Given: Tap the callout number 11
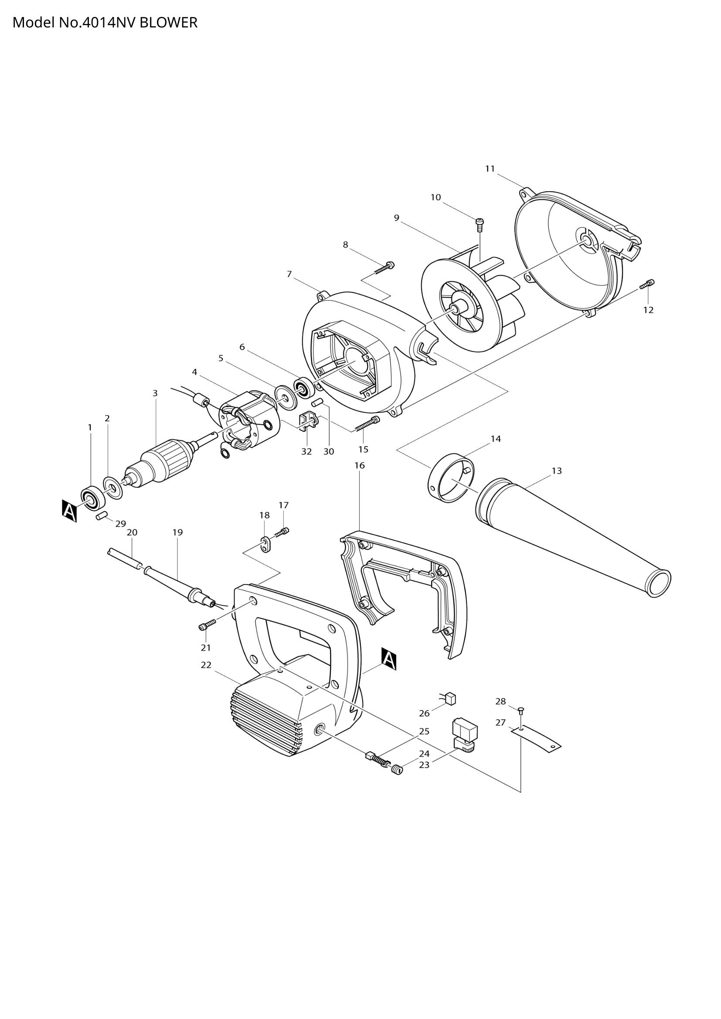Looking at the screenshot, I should [490, 169].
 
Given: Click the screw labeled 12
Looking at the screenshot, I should [648, 284].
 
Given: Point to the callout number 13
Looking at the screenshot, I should [556, 471].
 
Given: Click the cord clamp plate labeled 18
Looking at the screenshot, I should [265, 545].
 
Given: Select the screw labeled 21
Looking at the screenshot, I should [207, 625].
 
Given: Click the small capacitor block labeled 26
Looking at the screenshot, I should [451, 698].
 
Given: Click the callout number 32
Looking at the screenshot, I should [306, 452].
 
